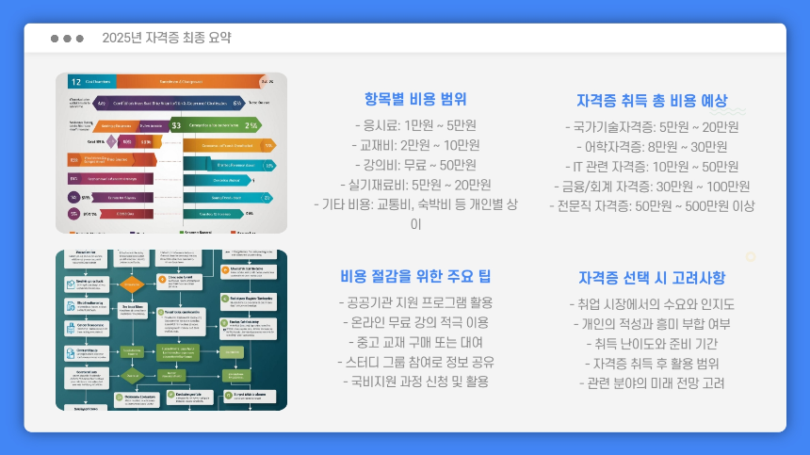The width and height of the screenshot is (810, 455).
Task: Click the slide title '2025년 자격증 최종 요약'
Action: [167, 39]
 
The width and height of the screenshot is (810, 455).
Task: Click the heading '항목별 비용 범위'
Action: [415, 99]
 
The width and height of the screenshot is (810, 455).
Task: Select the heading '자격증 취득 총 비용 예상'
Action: [652, 99]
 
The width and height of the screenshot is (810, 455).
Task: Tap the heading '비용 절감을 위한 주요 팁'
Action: [415, 276]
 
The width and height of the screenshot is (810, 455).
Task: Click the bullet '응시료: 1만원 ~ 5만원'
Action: [415, 125]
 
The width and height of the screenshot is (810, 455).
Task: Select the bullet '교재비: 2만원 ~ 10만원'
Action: [415, 145]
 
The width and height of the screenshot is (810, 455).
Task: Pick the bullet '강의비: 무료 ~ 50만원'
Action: [415, 165]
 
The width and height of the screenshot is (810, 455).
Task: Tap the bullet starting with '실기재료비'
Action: [415, 185]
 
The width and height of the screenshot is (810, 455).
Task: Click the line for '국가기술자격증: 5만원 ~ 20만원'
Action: [652, 126]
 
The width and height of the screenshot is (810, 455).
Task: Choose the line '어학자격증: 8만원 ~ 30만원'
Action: [652, 146]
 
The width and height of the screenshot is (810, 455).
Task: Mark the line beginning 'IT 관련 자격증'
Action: [652, 166]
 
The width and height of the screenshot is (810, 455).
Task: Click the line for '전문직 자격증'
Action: [652, 205]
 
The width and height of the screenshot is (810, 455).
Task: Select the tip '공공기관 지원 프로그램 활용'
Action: [415, 302]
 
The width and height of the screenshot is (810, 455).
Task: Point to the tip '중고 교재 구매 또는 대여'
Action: [415, 342]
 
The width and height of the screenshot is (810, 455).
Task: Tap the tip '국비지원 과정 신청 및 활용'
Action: [415, 382]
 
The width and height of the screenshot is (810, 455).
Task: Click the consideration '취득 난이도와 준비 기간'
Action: [652, 343]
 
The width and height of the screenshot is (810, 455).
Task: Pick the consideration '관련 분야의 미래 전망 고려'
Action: [652, 382]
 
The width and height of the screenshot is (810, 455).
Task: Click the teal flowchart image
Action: [170, 330]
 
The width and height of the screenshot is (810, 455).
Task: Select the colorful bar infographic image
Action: [170, 153]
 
